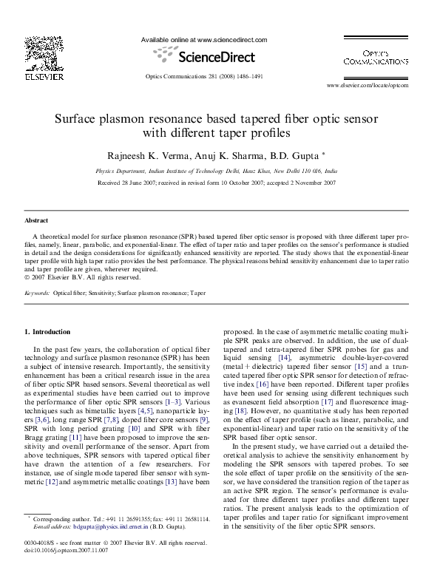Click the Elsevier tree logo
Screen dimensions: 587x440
pyautogui.click(x=35, y=52)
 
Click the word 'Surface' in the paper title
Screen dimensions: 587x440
pyautogui.click(x=79, y=119)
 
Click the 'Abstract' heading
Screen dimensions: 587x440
pyautogui.click(x=36, y=220)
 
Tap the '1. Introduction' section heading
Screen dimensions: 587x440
pyautogui.click(x=47, y=331)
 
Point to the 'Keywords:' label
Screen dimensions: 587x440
pyautogui.click(x=37, y=293)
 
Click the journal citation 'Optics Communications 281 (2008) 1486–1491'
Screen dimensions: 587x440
pyautogui.click(x=203, y=75)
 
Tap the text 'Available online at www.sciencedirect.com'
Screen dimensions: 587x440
pyautogui.click(x=203, y=40)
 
